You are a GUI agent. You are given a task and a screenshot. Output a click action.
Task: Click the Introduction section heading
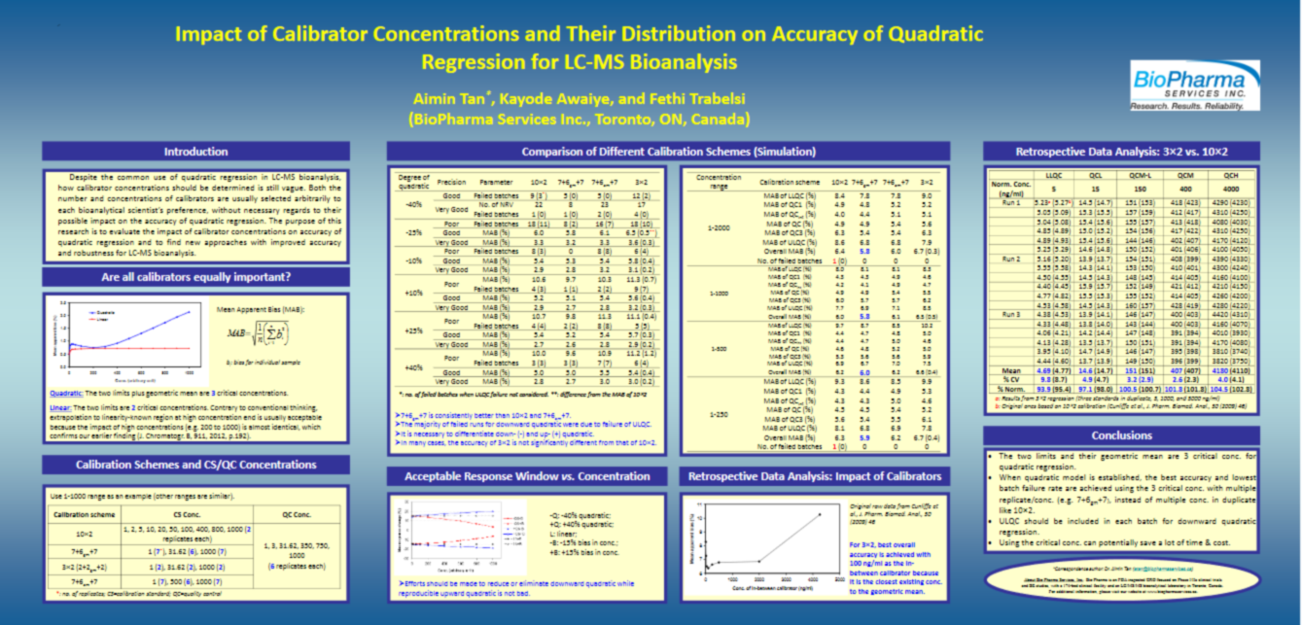point(195,152)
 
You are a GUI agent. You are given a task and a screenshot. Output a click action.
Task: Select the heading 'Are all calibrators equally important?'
point(195,278)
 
